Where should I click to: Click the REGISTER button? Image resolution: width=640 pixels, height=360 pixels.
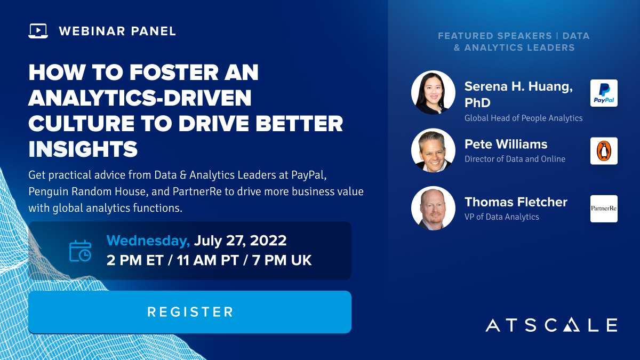click(x=190, y=311)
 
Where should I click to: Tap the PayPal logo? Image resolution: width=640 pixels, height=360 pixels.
click(x=604, y=93)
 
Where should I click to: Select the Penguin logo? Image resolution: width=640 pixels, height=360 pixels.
click(x=604, y=151)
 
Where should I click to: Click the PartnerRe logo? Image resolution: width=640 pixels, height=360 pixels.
click(x=604, y=209)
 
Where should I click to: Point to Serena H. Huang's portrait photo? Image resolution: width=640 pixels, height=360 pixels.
click(x=433, y=93)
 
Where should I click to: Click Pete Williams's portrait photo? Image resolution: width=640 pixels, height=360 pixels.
click(x=433, y=150)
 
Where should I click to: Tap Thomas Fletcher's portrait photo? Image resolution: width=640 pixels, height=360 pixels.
click(x=433, y=209)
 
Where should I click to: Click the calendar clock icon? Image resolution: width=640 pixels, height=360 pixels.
click(x=81, y=251)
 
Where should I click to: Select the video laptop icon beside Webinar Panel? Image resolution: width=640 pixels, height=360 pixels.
click(x=38, y=31)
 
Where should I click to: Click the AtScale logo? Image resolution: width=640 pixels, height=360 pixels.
click(x=551, y=325)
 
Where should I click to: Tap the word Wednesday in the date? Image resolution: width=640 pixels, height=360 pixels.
click(x=148, y=241)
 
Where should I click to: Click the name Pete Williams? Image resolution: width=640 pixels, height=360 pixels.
click(x=506, y=144)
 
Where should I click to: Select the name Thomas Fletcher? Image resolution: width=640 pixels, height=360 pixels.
click(x=516, y=202)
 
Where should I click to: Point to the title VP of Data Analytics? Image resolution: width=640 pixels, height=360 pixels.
click(x=502, y=217)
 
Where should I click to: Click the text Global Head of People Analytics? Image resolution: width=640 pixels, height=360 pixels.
click(x=523, y=118)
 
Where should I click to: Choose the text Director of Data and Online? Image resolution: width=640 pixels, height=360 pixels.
click(x=515, y=159)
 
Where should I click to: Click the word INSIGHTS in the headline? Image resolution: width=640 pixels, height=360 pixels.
click(x=83, y=149)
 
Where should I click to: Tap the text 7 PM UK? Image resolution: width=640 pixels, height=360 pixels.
click(x=282, y=260)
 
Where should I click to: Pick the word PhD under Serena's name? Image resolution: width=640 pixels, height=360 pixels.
click(x=477, y=102)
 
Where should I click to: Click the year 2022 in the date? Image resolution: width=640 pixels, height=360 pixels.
click(x=268, y=241)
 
